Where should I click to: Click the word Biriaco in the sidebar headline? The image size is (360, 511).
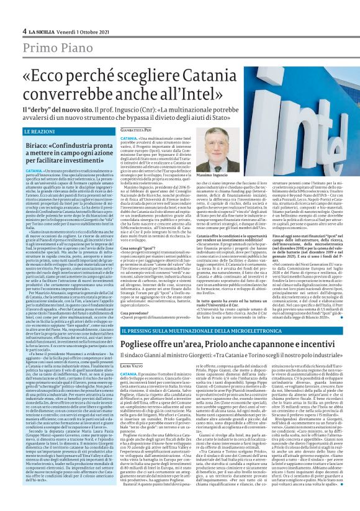(x=38, y=144)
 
